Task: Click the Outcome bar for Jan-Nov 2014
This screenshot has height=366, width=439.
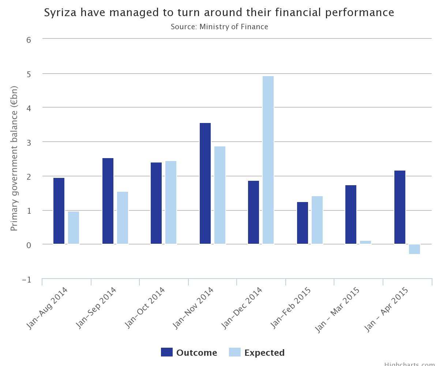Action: coord(205,183)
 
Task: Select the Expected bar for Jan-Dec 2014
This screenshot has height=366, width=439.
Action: coord(268,160)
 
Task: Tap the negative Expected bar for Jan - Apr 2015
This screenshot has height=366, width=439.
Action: coord(414,249)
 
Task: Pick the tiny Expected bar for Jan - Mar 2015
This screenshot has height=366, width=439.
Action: coord(365,242)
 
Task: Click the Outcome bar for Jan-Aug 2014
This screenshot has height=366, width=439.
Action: coord(59,211)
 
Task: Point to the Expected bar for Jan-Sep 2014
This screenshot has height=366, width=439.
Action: coord(123,218)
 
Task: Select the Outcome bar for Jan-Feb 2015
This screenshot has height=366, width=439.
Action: coord(303,223)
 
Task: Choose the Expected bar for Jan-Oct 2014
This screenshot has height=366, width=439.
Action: coord(171,202)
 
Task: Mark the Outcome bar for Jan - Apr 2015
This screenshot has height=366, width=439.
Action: coord(400,207)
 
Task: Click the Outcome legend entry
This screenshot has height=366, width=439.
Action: coord(189,352)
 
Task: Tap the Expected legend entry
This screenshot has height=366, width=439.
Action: coord(257,352)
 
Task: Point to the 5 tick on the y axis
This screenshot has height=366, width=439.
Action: coord(29,74)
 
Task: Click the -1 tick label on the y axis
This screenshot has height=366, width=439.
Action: coord(26,280)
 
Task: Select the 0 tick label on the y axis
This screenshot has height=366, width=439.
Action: coord(29,245)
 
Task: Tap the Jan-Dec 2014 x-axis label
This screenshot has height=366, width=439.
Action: coord(242,307)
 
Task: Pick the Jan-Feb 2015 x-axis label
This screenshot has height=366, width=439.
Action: coord(291,307)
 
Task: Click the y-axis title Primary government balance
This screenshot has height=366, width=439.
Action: coord(14,158)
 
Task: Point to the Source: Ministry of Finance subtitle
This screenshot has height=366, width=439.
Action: coord(219,27)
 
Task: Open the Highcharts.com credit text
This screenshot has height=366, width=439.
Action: coord(411,364)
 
